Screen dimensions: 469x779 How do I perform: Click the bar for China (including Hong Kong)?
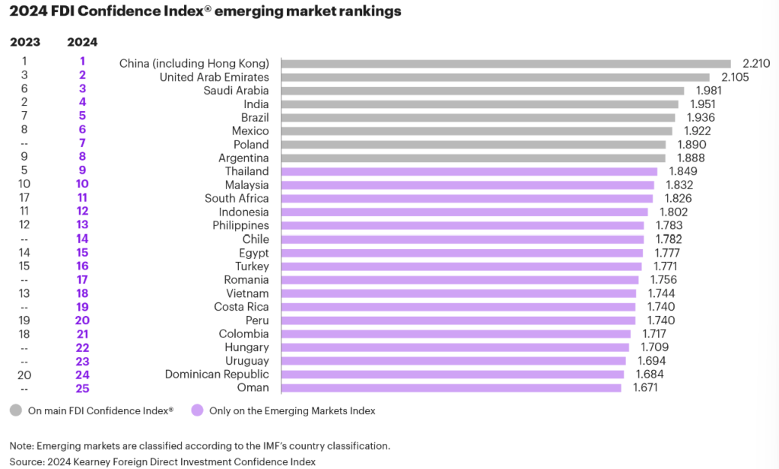tap(506, 64)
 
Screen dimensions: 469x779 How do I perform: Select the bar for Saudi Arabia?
tap(482, 91)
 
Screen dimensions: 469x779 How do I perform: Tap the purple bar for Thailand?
tap(469, 171)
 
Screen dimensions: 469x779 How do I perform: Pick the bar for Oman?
tap(451, 388)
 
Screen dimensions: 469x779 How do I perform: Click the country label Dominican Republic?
tap(217, 374)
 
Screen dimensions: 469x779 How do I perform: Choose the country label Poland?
tap(251, 145)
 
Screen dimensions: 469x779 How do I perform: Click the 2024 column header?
tap(82, 42)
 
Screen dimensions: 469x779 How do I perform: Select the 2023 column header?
tap(24, 42)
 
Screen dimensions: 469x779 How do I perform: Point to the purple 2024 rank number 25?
tap(82, 388)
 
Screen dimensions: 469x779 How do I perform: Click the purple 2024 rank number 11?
tap(82, 199)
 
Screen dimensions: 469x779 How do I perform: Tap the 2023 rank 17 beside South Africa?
tap(24, 199)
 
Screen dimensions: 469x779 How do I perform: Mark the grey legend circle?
tap(16, 410)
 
